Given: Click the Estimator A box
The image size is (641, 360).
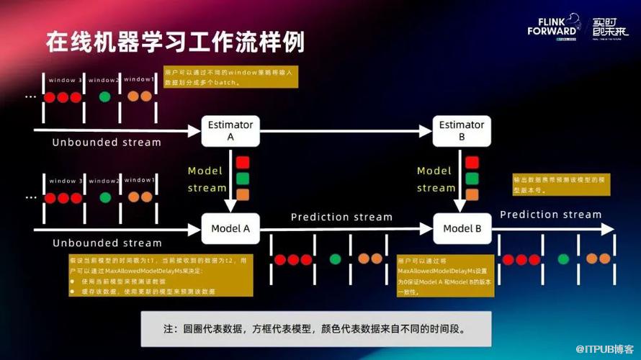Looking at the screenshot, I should tap(230, 130).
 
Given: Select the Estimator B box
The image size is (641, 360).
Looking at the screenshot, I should tap(462, 130).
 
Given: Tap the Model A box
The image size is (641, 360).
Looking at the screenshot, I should tap(230, 229).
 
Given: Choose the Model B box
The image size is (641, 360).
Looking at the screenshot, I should tap(462, 229).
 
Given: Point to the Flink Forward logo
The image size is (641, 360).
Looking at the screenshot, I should tap(553, 27).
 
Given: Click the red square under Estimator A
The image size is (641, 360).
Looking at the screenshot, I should tap(242, 162).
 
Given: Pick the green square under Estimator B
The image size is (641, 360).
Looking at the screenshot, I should tap(472, 178).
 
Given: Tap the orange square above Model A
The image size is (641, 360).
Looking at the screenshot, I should tap(242, 194).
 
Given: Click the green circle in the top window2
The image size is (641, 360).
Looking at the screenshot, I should tap(105, 96).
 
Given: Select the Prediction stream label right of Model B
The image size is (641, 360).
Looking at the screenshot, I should tap(550, 215).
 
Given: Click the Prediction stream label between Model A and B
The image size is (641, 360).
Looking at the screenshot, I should tap(341, 217).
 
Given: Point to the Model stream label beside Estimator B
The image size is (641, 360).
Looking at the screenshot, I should tap(435, 179).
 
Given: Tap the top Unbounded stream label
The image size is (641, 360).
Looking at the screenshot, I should tap(107, 143).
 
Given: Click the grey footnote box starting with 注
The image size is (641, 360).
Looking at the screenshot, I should tap(315, 329).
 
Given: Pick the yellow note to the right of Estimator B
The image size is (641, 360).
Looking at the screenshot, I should tap(561, 185).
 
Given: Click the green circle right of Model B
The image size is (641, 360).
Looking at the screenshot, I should tap(563, 258).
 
